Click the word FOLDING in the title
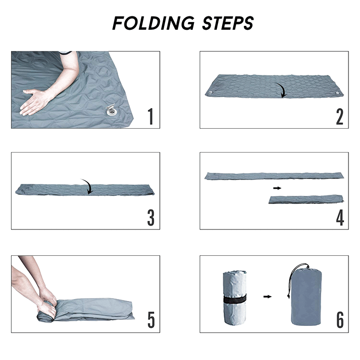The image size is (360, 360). (x=154, y=23)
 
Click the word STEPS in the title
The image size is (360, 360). (x=228, y=23)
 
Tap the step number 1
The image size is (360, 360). (x=150, y=116)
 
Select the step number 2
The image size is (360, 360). (x=339, y=117)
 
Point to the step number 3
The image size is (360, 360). (x=151, y=217)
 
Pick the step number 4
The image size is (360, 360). (x=340, y=217)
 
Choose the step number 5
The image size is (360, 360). (x=151, y=320)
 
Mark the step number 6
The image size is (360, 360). (x=340, y=320)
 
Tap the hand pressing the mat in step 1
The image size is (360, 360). (x=36, y=101)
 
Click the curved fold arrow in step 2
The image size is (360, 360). (x=282, y=90)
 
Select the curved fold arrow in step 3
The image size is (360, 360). (x=87, y=186)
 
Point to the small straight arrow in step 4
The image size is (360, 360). (x=277, y=188)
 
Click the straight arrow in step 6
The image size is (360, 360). (x=267, y=297)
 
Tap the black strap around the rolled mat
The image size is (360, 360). (x=235, y=299)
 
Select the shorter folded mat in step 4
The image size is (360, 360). (x=306, y=199)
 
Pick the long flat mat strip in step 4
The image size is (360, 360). (x=274, y=176)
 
